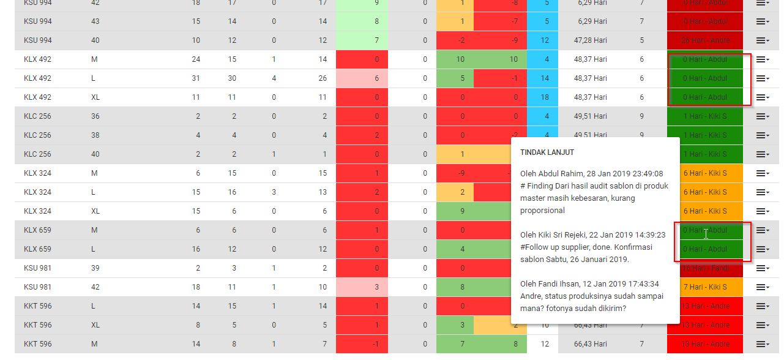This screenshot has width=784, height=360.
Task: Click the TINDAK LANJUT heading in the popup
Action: tap(547, 152)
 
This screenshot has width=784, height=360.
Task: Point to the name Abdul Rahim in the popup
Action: tap(562, 173)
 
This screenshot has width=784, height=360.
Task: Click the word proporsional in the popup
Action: tap(543, 210)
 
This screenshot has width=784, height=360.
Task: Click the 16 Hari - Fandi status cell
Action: tap(705, 268)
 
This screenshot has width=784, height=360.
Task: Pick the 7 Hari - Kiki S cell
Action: tap(705, 287)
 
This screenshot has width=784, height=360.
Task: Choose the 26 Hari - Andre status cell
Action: tap(705, 40)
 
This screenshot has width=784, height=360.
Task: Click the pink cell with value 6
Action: tap(362, 78)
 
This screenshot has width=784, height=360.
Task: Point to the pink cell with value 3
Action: tap(362, 287)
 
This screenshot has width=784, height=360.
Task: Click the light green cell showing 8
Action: tap(362, 21)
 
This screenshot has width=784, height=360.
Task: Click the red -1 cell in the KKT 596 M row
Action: tap(362, 344)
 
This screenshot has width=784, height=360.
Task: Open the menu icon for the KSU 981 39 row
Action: tap(762, 268)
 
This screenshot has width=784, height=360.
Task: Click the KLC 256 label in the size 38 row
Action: tap(37, 135)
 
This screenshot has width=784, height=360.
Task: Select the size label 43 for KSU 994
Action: tap(95, 21)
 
